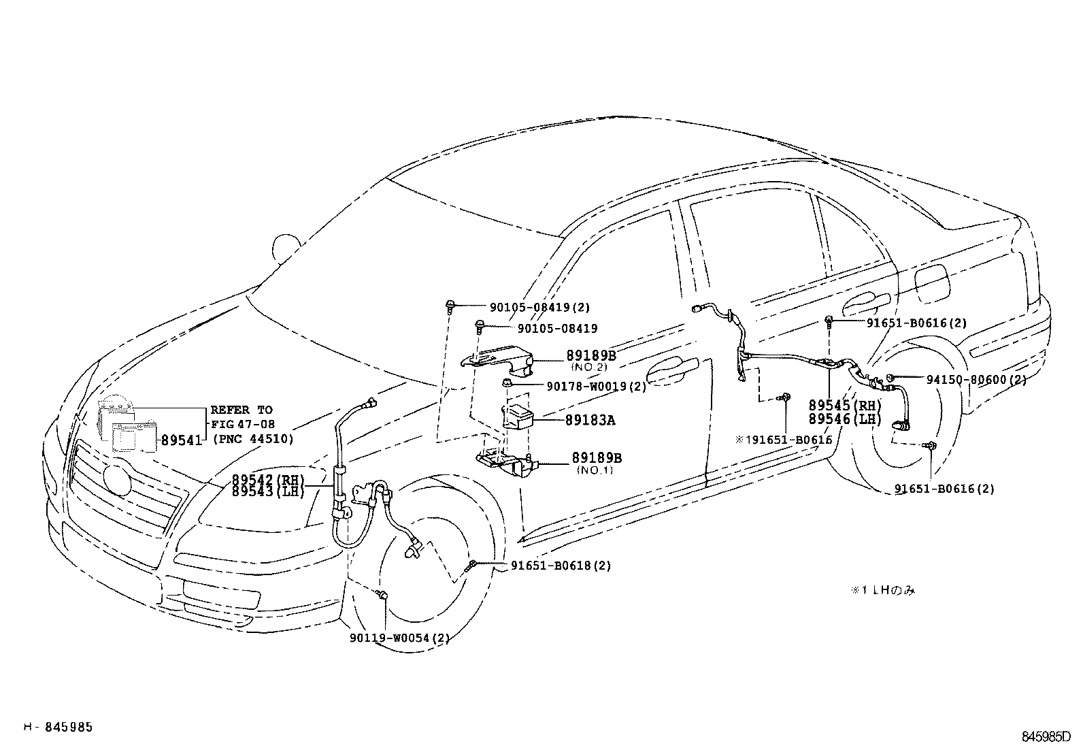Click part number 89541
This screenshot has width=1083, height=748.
pyautogui.click(x=182, y=440)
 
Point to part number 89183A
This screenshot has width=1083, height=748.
pyautogui.click(x=589, y=421)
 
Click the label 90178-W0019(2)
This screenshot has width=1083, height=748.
pyautogui.click(x=596, y=387)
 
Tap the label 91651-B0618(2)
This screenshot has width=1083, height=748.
pyautogui.click(x=561, y=566)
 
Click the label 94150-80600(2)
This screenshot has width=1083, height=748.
pyautogui.click(x=976, y=379)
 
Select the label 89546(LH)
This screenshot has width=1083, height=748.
pyautogui.click(x=845, y=419)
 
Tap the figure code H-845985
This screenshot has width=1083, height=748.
pyautogui.click(x=59, y=727)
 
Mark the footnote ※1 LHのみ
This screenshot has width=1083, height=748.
pyautogui.click(x=882, y=590)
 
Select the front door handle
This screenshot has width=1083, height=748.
pyautogui.click(x=673, y=367)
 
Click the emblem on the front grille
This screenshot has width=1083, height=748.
pyautogui.click(x=120, y=480)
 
